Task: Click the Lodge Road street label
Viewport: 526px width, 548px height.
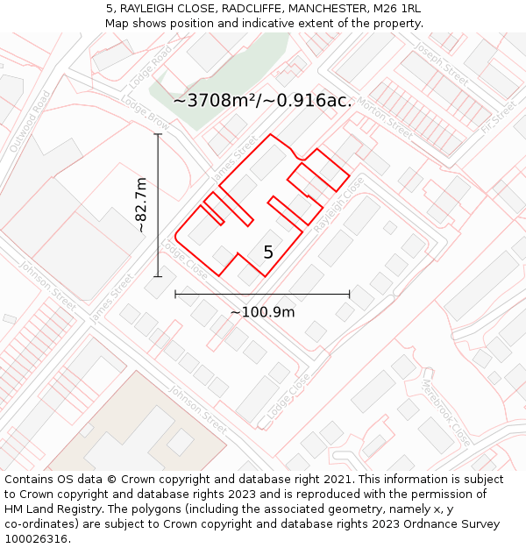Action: (x=148, y=67)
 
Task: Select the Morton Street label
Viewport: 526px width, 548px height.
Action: (x=383, y=121)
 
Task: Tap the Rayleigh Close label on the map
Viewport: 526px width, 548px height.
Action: (x=338, y=204)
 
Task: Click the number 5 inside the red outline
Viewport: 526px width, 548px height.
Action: (x=268, y=253)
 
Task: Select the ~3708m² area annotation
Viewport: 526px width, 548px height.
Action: (x=262, y=100)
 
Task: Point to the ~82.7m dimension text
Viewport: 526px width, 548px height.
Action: (x=141, y=204)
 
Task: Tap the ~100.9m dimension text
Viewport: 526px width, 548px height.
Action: (x=262, y=311)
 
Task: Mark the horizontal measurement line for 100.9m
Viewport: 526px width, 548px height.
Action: (x=262, y=295)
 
